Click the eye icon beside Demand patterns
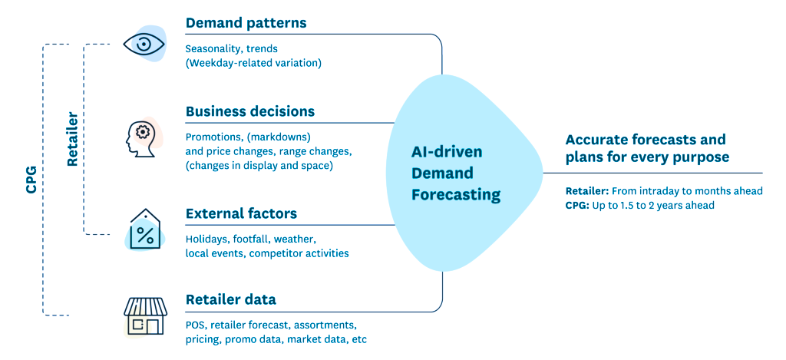pos(144,45)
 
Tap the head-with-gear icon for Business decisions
pos(143,136)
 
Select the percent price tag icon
pos(145,230)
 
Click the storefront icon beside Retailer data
pos(145,315)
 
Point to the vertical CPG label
pos(31,178)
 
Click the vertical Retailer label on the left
pos(72,139)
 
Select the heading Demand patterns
pos(246,23)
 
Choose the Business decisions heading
pos(250,111)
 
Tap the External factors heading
pos(241,213)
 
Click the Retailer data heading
pos(230,299)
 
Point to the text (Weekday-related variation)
pos(253,63)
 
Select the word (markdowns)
pos(279,137)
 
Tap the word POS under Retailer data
pos(196,325)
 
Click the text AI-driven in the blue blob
pos(447,151)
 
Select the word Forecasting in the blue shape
pos(456,194)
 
